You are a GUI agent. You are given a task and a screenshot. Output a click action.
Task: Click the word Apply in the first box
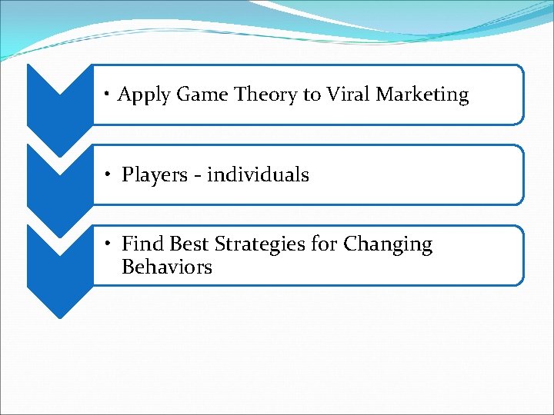(x=144, y=95)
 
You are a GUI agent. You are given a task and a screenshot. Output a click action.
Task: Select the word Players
(x=154, y=175)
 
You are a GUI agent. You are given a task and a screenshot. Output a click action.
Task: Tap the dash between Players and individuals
(x=197, y=176)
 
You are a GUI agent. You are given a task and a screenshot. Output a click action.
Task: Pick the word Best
(x=189, y=244)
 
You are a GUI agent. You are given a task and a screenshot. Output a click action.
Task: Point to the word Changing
(x=388, y=245)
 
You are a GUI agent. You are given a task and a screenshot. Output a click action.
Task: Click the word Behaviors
(x=166, y=267)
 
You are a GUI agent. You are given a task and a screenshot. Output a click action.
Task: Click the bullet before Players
(x=109, y=174)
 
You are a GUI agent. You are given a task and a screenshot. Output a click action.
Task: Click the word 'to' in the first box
(x=312, y=95)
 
